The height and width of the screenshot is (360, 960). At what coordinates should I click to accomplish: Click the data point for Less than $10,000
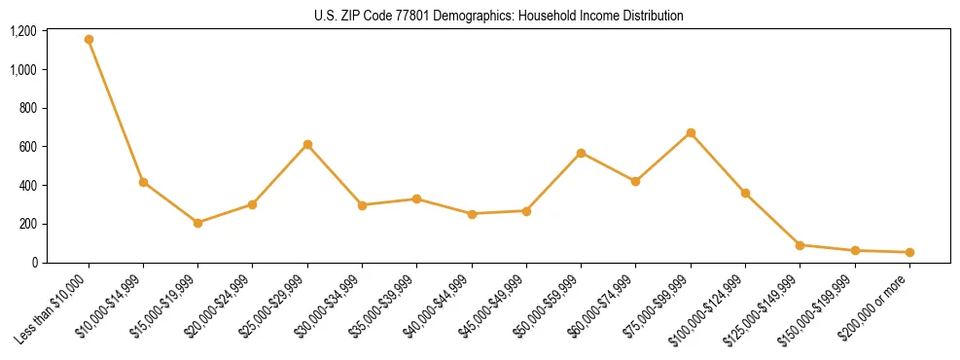point(89,40)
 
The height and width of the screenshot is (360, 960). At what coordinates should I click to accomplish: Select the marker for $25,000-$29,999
point(307,145)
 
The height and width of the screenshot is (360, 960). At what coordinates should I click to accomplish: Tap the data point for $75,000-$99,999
point(691,133)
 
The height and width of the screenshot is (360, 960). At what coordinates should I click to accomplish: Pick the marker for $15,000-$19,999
point(198,223)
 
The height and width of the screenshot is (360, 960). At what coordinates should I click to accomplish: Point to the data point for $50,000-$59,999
point(581,153)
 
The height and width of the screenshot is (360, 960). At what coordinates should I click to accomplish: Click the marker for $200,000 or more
point(909,252)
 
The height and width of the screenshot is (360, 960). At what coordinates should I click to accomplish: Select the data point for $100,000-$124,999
point(745,194)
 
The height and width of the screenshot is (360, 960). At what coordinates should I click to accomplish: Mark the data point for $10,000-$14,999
point(143,182)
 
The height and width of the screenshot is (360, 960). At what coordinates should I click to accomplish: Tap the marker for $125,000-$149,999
point(800,245)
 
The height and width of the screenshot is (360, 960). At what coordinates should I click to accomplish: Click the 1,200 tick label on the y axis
point(22,31)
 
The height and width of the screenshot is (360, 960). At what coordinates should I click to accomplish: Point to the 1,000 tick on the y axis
point(22,70)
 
